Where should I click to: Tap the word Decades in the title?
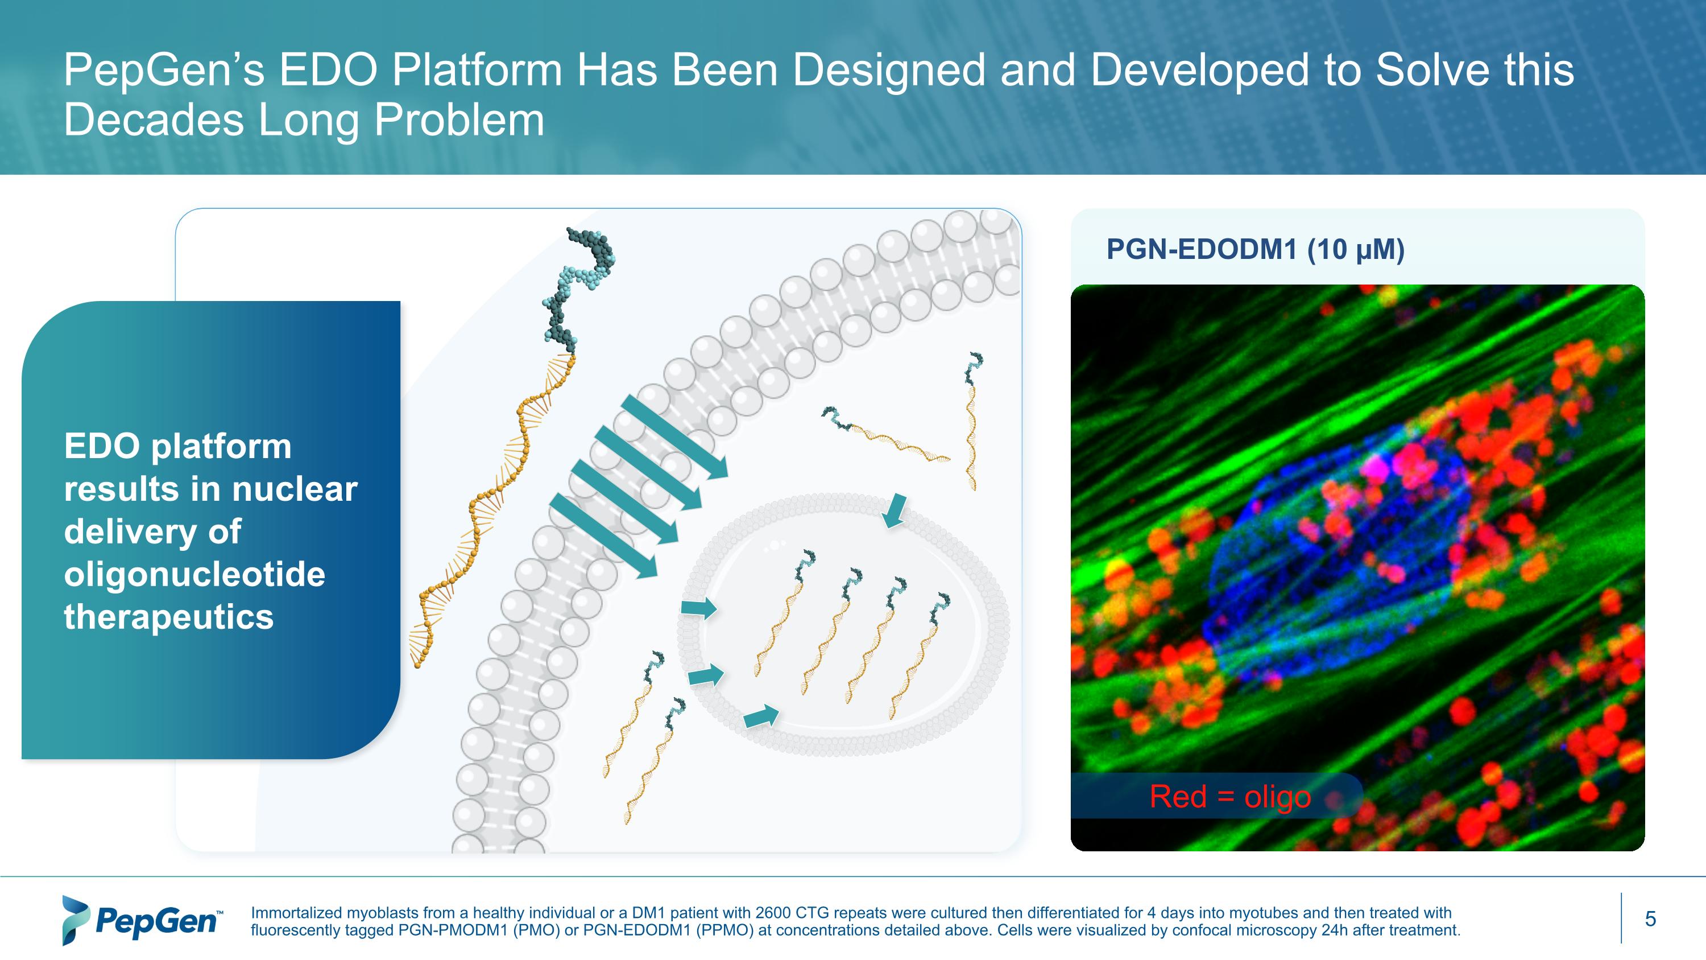154,121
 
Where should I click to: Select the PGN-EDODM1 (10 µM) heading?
1255,250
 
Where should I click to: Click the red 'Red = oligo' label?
1230,796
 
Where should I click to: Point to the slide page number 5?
1650,919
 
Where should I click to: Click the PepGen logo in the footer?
142,920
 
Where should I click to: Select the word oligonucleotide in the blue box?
194,574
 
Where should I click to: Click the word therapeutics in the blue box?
169,617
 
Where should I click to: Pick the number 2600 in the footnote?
773,913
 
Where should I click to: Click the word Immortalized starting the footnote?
296,913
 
